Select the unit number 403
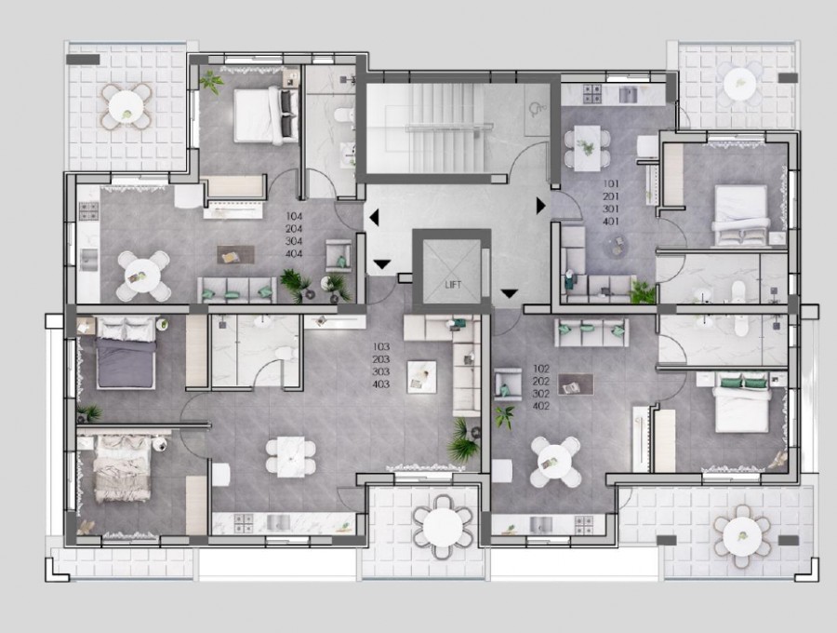(x=380, y=384)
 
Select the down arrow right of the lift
(x=508, y=295)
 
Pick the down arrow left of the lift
(x=381, y=265)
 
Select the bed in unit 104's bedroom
(x=254, y=114)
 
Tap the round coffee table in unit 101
(x=617, y=245)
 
